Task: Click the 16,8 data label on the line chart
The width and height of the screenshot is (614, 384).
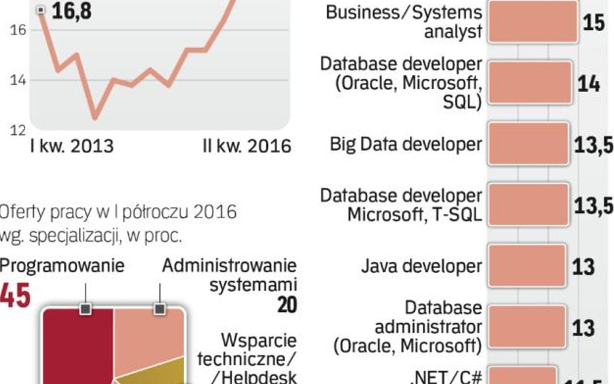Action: [x=71, y=11]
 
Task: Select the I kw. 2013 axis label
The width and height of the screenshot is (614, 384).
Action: [x=71, y=146]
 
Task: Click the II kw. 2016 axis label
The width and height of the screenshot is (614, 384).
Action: [x=247, y=146]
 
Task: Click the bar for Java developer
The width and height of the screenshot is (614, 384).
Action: [x=526, y=265]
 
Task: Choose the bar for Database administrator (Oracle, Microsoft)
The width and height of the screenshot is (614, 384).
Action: [x=526, y=327]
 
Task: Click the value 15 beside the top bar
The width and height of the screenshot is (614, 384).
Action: [x=593, y=23]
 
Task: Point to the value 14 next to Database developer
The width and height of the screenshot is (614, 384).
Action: [x=588, y=84]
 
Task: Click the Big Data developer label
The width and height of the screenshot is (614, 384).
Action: [x=405, y=144]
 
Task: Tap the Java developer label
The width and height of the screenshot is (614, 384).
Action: [x=422, y=265]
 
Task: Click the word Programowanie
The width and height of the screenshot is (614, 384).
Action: [x=62, y=265]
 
